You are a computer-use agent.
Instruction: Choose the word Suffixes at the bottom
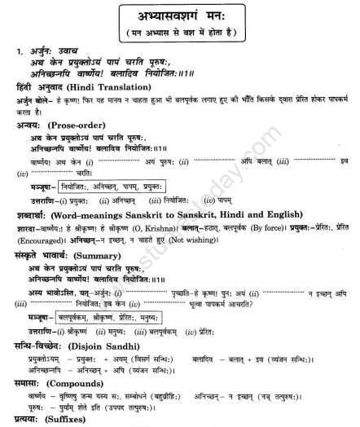pyautogui.click(x=71, y=416)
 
